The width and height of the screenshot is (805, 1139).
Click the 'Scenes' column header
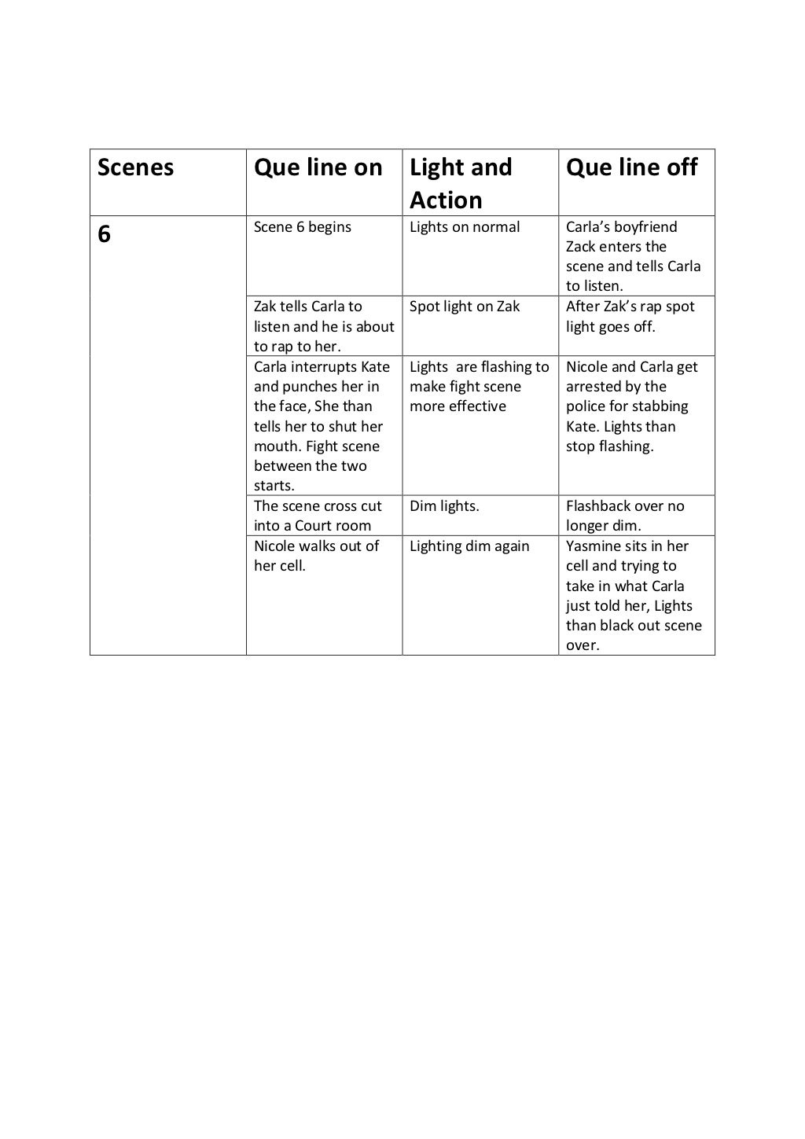[135, 167]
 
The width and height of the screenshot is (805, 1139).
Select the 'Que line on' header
[318, 167]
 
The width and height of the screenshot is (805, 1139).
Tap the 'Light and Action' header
[461, 183]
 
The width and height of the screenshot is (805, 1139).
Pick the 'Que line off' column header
[631, 167]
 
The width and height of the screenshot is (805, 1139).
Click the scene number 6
[105, 234]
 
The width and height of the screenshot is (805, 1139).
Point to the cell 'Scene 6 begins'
[303, 227]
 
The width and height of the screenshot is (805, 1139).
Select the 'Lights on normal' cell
[465, 227]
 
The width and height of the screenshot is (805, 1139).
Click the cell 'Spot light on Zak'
[465, 307]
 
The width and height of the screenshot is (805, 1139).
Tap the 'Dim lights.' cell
[444, 506]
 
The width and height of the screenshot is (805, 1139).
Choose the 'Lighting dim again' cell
[469, 546]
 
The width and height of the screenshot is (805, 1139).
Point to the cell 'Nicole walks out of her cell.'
[316, 556]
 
